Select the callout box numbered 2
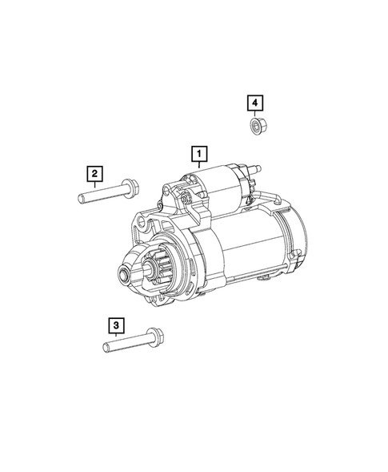[x=94, y=172]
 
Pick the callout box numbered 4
[x=254, y=102]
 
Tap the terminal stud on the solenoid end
[x=258, y=169]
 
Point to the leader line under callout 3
[x=117, y=336]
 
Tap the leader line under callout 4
[x=254, y=114]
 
